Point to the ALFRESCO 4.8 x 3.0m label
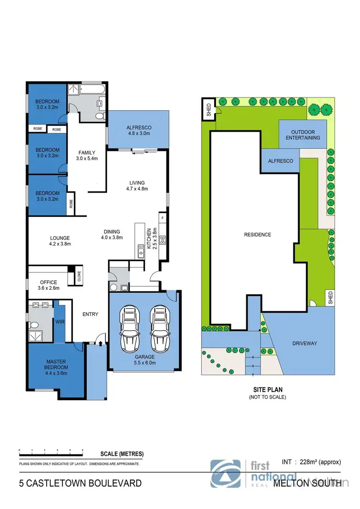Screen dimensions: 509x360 point(139,130)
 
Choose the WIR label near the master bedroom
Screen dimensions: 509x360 point(60,322)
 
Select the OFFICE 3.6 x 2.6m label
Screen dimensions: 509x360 point(48,285)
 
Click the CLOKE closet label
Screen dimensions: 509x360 point(79,277)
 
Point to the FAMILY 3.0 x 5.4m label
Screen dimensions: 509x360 point(87,156)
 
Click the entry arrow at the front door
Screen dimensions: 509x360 point(100,343)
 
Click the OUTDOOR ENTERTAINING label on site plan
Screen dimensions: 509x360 point(302,134)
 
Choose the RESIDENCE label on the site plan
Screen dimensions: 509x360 point(258,235)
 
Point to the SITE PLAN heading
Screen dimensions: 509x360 point(267,390)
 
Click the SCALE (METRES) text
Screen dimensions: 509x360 point(122,454)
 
